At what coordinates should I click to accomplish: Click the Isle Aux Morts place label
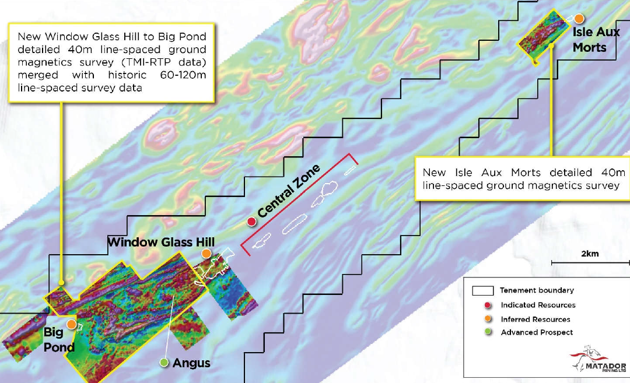[596, 40]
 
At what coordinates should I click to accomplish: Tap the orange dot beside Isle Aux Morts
[579, 18]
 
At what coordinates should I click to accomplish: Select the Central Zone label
[289, 191]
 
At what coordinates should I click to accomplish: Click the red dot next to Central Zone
[251, 222]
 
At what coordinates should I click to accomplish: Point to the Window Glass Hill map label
[160, 242]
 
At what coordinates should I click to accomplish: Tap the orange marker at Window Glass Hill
[206, 254]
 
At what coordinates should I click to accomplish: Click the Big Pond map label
[59, 340]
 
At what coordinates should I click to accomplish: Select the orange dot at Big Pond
[71, 324]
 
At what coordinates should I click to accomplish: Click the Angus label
[191, 363]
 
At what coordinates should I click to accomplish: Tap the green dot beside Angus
[164, 363]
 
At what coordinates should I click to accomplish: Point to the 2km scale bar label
[590, 254]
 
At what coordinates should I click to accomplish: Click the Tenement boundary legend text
[537, 290]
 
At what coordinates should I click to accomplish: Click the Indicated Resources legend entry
[538, 305]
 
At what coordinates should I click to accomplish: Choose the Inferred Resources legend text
[535, 319]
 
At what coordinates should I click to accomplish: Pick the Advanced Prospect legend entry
[537, 332]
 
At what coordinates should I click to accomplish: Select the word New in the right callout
[434, 173]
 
